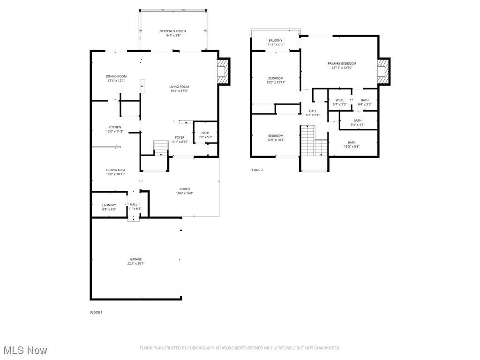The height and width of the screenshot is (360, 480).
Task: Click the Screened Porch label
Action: [172, 31]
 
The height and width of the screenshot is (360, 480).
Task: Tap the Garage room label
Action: [136, 259]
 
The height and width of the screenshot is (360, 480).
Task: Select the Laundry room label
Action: [109, 205]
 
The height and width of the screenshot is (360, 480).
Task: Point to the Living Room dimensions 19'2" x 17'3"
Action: [179, 91]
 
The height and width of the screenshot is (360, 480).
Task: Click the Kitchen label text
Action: [115, 127]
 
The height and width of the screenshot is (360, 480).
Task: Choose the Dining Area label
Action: [115, 170]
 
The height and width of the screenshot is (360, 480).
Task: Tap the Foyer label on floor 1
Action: [180, 137]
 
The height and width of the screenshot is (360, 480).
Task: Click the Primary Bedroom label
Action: [342, 63]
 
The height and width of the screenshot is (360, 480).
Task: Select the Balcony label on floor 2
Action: [276, 41]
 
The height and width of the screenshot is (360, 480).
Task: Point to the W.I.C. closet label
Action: [340, 100]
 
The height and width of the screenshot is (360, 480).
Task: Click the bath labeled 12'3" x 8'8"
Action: [352, 147]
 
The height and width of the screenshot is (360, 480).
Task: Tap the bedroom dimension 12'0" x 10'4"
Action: [276, 140]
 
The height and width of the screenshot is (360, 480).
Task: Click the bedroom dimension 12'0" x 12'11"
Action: [276, 82]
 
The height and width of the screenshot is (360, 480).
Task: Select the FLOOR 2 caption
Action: [256, 170]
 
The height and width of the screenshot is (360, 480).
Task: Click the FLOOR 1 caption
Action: [96, 312]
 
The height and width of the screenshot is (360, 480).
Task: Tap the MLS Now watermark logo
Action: [24, 350]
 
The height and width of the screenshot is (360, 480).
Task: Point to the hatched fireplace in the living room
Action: [224, 72]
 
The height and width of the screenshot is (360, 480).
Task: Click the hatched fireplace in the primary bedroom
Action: [384, 72]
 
